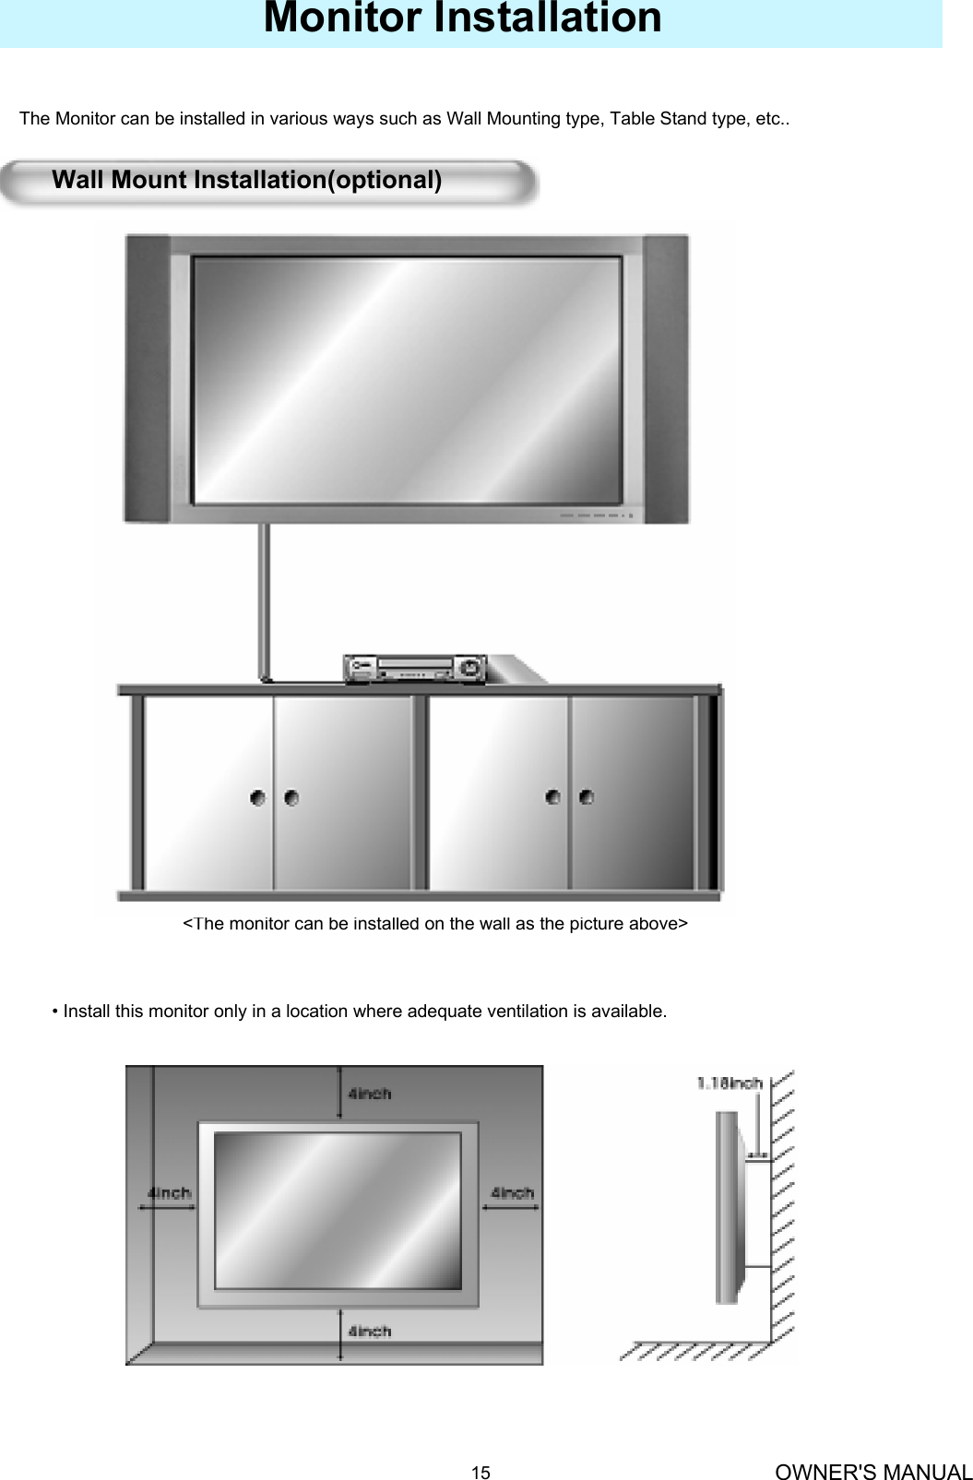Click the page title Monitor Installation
point(462,18)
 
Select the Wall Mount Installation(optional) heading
point(246,180)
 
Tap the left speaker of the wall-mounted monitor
point(148,378)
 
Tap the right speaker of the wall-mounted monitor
point(666,378)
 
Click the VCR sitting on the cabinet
point(415,669)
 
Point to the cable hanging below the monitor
point(265,599)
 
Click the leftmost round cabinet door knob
point(258,797)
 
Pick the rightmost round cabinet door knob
point(586,797)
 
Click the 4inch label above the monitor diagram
point(369,1094)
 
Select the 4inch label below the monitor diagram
point(369,1331)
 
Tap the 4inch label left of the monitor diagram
point(170,1192)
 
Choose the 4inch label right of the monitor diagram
point(512,1192)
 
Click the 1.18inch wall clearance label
point(729,1083)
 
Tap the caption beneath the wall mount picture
point(434,923)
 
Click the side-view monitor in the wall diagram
point(728,1208)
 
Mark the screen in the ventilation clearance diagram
point(338,1210)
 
